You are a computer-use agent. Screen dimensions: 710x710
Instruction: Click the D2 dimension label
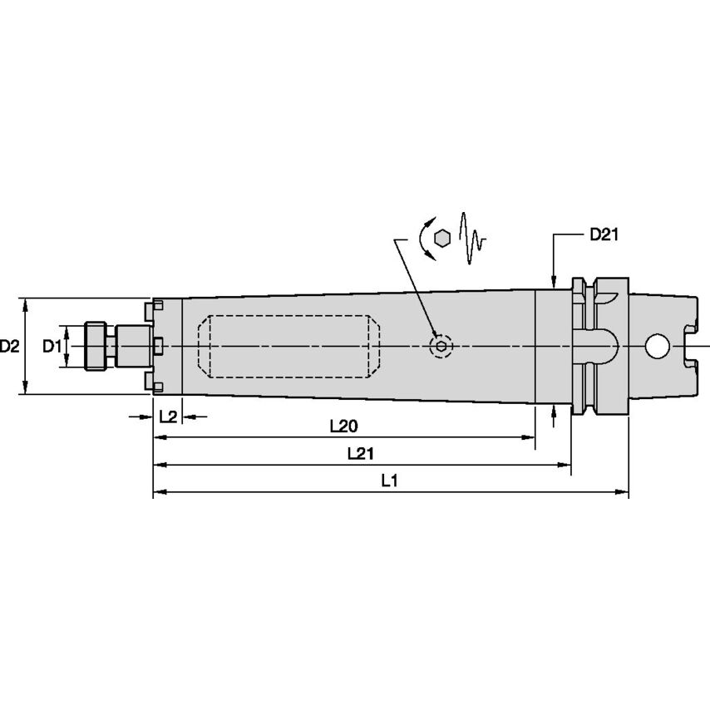[9, 345]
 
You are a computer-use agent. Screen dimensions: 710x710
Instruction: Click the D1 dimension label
[52, 345]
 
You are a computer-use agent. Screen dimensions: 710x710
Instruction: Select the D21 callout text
[604, 234]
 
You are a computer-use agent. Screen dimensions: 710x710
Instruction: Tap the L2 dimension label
[167, 417]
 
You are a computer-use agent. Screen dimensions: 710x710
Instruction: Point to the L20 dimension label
[343, 426]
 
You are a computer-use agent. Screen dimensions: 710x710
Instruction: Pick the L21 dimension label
[359, 453]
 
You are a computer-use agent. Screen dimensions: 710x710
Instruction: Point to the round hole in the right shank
[658, 345]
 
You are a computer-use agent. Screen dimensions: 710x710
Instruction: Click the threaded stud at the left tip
[97, 345]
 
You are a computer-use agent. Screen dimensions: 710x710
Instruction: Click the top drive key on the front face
[150, 309]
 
